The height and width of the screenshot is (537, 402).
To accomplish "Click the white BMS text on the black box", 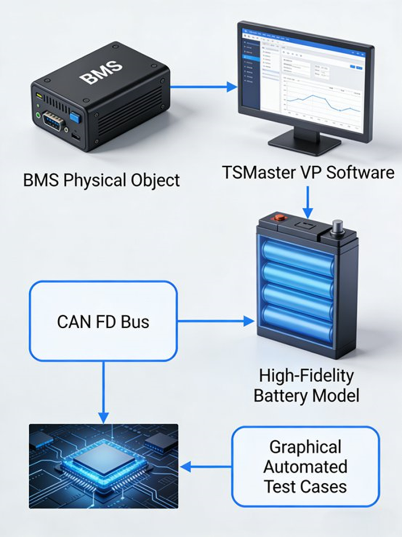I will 101,72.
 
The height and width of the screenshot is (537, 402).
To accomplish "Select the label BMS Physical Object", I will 101,180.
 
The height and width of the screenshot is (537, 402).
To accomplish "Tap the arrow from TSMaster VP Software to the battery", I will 308,202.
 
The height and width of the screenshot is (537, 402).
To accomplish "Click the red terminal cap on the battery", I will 280,217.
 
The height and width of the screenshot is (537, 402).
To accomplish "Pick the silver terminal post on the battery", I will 338,226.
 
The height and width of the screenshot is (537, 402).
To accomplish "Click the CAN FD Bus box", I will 103,321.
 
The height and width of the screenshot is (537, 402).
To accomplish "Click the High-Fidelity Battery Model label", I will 306,385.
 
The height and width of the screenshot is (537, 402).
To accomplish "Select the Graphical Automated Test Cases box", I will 306,466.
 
